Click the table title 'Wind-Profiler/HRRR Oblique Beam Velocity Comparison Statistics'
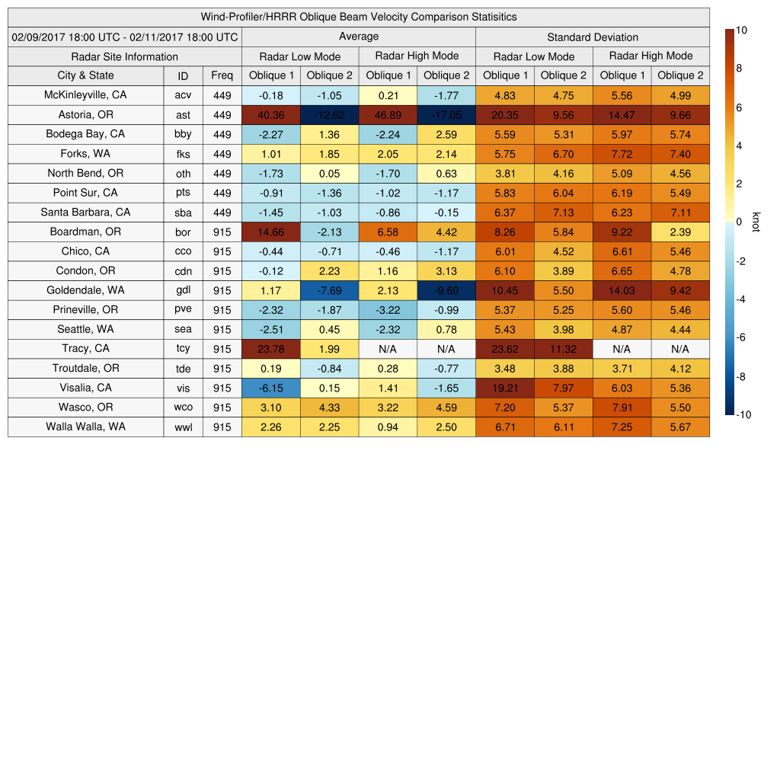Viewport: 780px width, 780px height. (x=359, y=17)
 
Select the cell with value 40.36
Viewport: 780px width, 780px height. (x=270, y=115)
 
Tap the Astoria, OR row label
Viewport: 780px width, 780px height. (x=85, y=115)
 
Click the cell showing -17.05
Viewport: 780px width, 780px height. (x=446, y=115)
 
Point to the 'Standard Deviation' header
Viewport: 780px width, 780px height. (x=593, y=37)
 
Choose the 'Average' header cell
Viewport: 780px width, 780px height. (x=358, y=37)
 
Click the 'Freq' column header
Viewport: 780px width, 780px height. (x=222, y=75)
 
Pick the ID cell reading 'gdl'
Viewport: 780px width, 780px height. (x=183, y=290)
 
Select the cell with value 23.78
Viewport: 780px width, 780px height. (x=270, y=349)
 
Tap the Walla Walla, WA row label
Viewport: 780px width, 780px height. (x=85, y=427)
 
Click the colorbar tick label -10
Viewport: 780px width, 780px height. (x=745, y=415)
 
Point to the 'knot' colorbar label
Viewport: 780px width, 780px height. (x=756, y=222)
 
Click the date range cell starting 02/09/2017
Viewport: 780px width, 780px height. (x=125, y=37)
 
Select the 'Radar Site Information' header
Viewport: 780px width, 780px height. (x=125, y=56)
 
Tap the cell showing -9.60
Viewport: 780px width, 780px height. (x=446, y=290)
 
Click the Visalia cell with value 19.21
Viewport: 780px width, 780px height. (x=505, y=388)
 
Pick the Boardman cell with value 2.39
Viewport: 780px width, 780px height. (x=680, y=232)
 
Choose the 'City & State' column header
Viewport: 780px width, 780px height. (x=85, y=75)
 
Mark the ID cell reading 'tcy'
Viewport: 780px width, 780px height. (x=183, y=349)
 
